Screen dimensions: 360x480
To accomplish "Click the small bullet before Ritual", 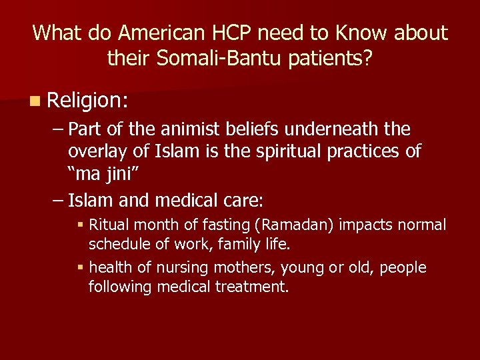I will point(80,225).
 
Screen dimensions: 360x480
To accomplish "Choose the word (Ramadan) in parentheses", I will point(299,225).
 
